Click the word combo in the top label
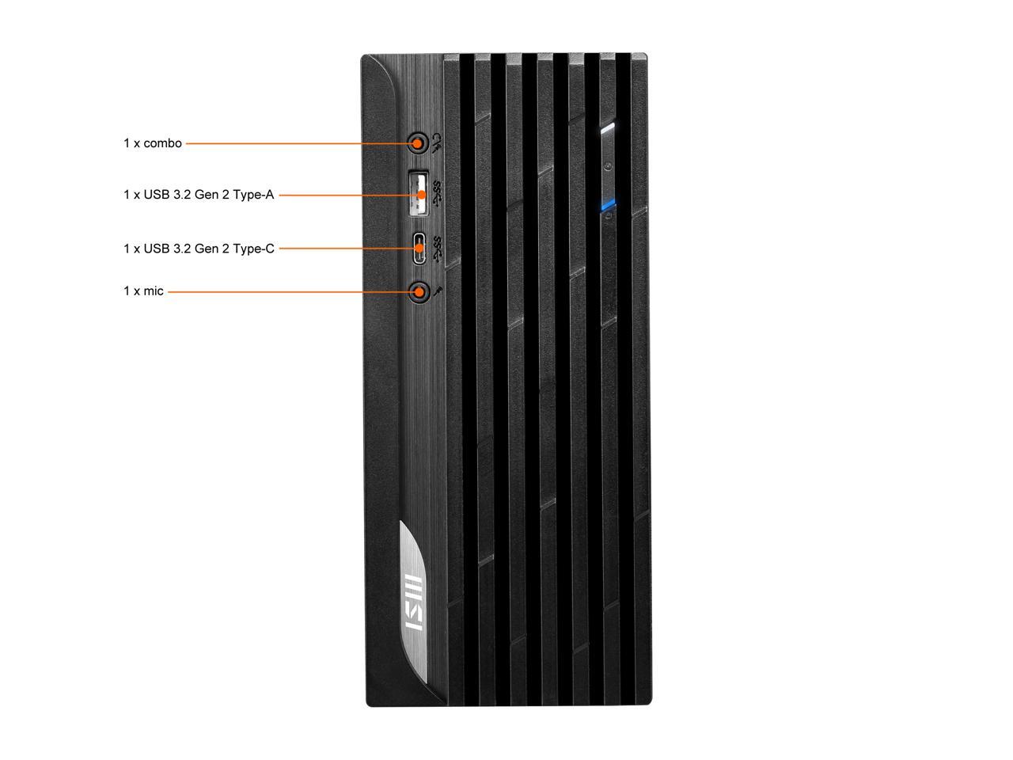coord(162,143)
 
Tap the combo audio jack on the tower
coord(417,143)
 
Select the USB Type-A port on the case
coord(419,193)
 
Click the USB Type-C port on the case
coord(419,249)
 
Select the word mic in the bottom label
coord(154,291)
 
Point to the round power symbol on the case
coord(607,166)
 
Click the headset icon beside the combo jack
coord(436,142)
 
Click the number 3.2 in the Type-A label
coord(183,194)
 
